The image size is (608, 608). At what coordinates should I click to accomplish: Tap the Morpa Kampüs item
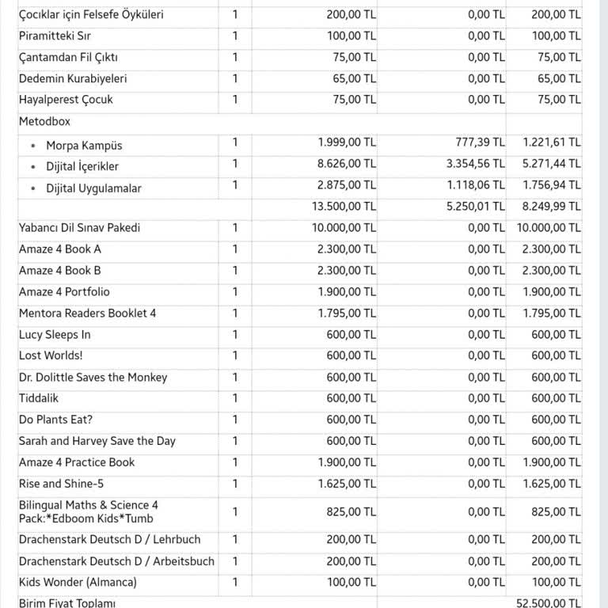(x=84, y=146)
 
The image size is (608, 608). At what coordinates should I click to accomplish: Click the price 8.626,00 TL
(x=347, y=163)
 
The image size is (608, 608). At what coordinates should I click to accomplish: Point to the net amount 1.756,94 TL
(x=552, y=184)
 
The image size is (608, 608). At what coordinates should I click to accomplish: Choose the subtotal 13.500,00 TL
(x=343, y=206)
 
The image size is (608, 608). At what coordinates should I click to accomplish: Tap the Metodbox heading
(x=44, y=122)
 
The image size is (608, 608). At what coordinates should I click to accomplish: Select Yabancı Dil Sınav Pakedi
(x=79, y=228)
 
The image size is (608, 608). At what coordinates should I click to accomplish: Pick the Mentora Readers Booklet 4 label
(x=87, y=313)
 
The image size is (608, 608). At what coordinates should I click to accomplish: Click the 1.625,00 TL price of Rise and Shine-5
(x=347, y=484)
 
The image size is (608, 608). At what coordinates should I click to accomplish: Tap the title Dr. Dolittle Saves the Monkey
(x=93, y=378)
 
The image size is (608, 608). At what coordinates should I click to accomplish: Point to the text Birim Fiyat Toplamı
(x=67, y=603)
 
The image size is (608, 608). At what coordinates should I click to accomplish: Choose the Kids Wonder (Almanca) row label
(x=78, y=583)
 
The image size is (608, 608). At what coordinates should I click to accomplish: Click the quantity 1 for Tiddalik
(x=235, y=398)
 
